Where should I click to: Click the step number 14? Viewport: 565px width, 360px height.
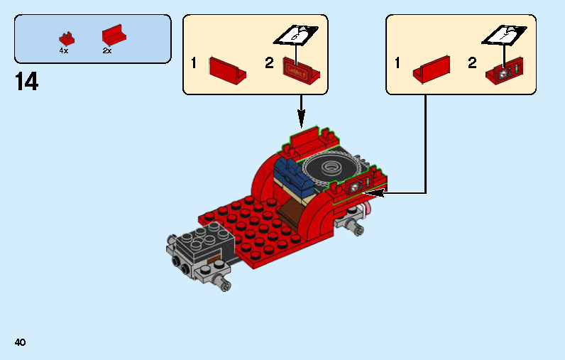[26, 82]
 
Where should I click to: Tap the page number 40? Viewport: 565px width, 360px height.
[20, 342]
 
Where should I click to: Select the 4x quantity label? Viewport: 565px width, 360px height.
[64, 51]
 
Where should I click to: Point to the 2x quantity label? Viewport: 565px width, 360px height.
[107, 51]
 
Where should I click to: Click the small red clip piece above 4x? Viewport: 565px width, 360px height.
[67, 38]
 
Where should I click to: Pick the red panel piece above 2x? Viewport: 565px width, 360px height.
[113, 36]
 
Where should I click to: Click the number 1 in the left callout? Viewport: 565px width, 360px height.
[194, 63]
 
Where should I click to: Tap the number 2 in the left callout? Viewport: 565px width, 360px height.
[269, 63]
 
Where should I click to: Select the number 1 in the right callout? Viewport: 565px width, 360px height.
[397, 63]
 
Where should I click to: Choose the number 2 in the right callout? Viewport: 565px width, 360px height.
[472, 63]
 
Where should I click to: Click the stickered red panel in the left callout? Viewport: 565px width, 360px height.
[302, 68]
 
